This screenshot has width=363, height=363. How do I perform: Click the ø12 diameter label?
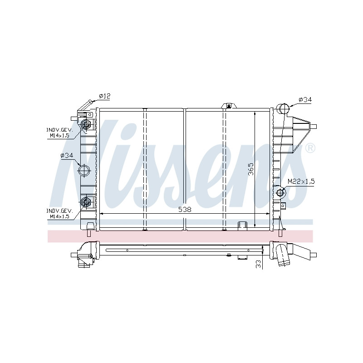click(105, 96)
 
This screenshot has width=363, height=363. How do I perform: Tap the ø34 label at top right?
click(305, 100)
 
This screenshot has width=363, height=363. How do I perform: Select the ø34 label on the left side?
click(67, 155)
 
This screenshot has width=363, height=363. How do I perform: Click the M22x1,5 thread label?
click(301, 181)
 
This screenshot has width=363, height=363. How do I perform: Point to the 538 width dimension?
click(185, 210)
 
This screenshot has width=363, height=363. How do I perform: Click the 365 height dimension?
click(251, 169)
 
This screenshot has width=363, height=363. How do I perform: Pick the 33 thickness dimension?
click(259, 264)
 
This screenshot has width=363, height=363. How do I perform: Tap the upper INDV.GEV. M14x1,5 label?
click(60, 132)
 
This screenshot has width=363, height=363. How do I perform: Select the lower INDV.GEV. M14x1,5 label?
click(60, 214)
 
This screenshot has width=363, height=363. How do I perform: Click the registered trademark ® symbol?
click(310, 148)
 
